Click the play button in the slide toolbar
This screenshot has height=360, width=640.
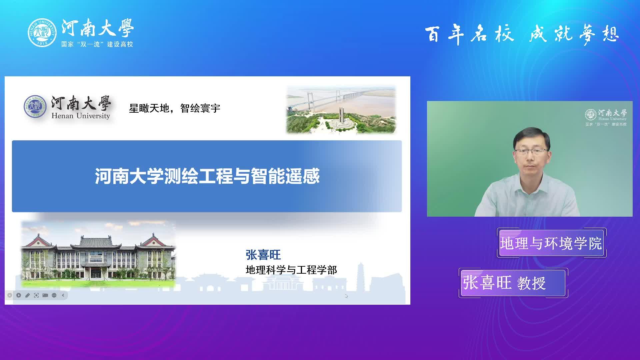(x=19, y=295)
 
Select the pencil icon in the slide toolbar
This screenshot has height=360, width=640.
(x=28, y=295)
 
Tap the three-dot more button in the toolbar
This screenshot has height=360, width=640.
(x=54, y=295)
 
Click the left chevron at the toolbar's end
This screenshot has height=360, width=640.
(x=63, y=295)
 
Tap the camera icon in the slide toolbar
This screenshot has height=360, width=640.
(x=45, y=295)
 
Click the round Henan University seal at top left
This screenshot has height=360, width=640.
(x=42, y=33)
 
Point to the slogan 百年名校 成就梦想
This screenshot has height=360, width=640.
(x=522, y=34)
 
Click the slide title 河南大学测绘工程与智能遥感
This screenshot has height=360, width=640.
(x=207, y=176)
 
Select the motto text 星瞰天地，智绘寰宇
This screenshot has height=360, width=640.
(x=175, y=108)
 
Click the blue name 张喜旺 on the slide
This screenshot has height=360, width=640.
(x=263, y=255)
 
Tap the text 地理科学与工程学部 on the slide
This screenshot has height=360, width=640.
(x=291, y=270)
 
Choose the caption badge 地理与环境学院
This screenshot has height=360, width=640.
(x=551, y=243)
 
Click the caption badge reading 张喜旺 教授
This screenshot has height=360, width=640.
(x=513, y=283)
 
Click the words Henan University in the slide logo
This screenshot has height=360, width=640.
(x=81, y=116)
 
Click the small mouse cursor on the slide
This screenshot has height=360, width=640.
(x=347, y=296)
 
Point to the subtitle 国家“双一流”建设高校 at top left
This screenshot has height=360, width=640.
(x=97, y=44)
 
